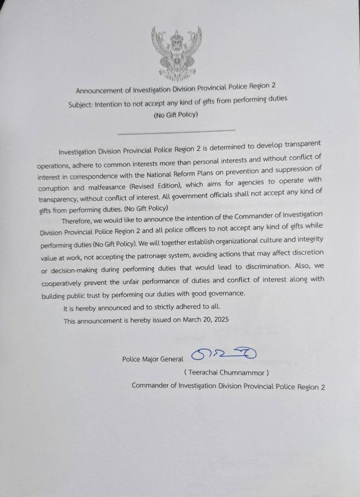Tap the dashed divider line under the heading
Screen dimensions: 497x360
176,131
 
